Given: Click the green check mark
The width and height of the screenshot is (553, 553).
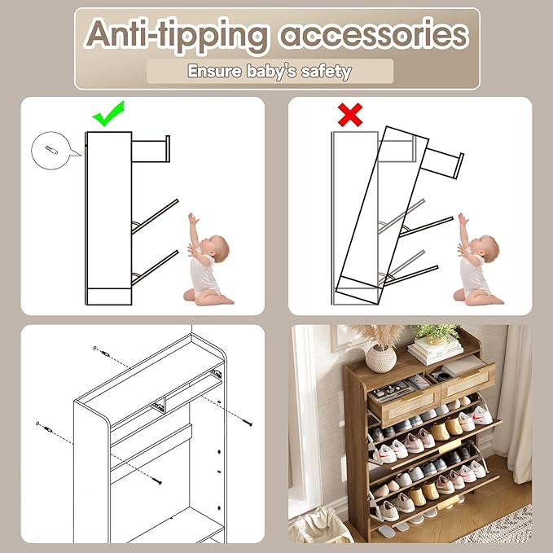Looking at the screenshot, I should tap(108, 114).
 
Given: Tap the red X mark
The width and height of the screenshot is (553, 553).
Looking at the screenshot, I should tap(350, 115).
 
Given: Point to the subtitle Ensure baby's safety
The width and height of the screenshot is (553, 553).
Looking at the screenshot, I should tap(270, 71).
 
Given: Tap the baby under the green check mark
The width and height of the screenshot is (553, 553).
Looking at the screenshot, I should tap(208, 261).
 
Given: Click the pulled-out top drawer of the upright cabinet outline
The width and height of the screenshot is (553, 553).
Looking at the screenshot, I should tap(151, 150).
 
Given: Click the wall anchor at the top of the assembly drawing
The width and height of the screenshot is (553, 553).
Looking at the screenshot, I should tap(100, 349).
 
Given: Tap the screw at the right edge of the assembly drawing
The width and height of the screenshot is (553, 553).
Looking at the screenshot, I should tap(246, 423).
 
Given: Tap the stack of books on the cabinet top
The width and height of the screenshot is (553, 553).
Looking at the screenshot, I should tap(436, 350).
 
